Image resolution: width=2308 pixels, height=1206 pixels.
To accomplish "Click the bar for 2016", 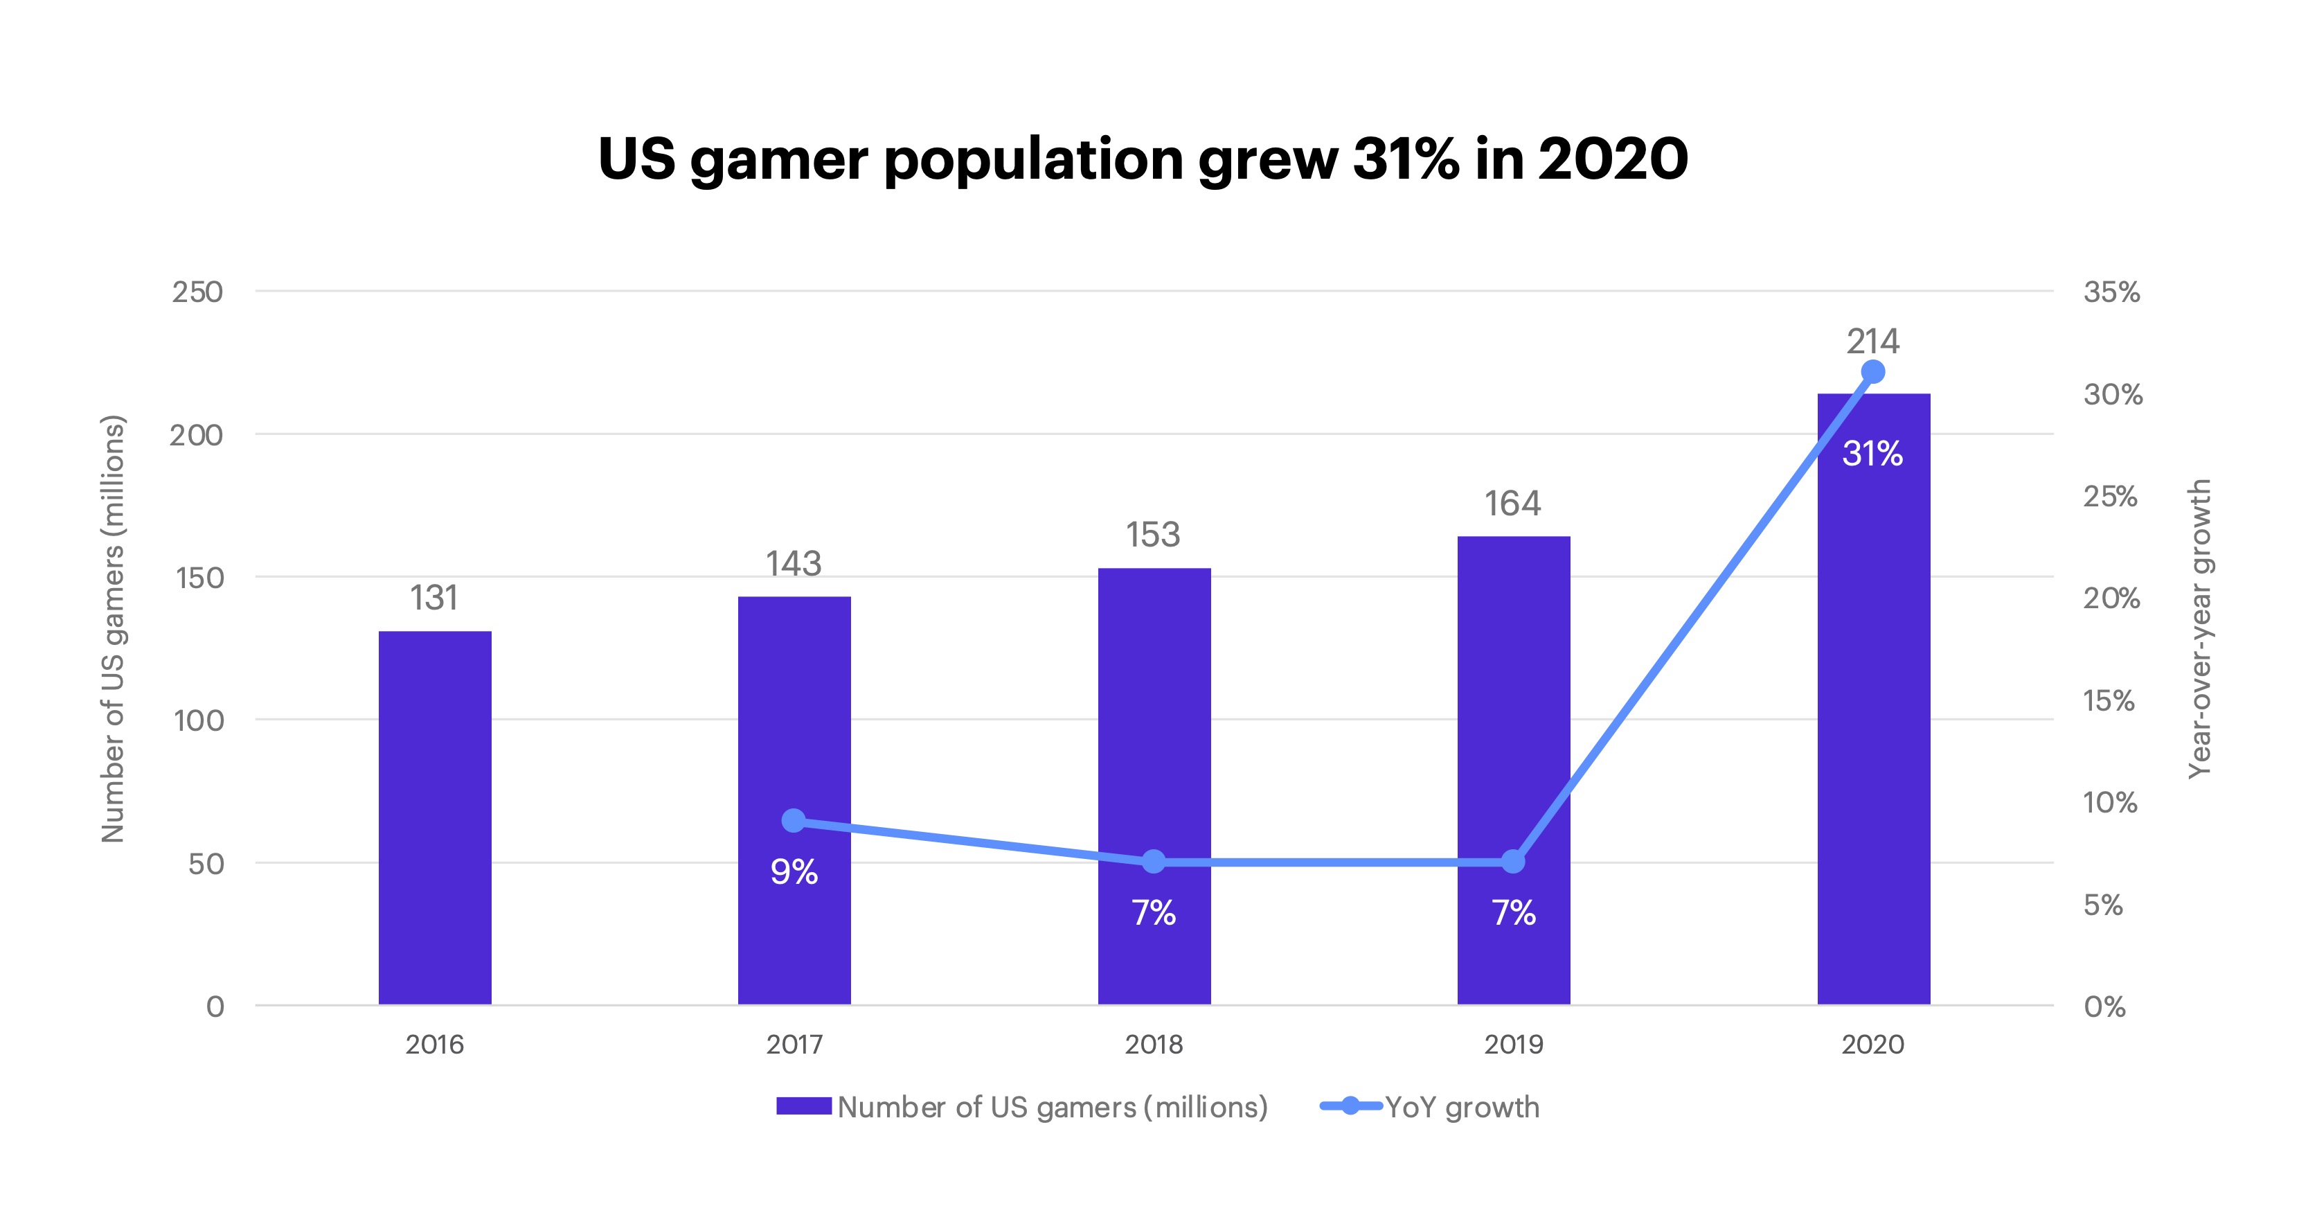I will (x=435, y=817).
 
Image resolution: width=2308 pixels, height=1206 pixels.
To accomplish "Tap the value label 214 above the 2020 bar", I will (x=1872, y=342).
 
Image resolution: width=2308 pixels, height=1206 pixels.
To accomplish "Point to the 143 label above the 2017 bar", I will (x=793, y=564).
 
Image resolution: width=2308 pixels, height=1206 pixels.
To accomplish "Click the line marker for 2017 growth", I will (x=794, y=820).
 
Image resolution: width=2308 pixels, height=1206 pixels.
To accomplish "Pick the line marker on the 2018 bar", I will (x=1154, y=862).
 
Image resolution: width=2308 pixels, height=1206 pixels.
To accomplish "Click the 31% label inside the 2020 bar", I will (x=1872, y=453).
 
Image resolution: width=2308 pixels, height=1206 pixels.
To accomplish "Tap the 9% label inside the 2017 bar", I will (x=794, y=872).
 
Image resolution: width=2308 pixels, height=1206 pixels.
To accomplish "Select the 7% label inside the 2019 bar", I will (x=1513, y=913).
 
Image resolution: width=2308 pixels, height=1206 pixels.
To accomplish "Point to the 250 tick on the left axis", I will (x=197, y=292).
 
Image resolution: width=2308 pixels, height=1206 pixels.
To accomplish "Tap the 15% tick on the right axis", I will (x=2109, y=700).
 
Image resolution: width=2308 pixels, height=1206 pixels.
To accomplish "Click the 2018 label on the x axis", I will (x=1154, y=1045).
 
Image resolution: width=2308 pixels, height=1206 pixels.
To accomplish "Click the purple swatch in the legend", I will (x=804, y=1106).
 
